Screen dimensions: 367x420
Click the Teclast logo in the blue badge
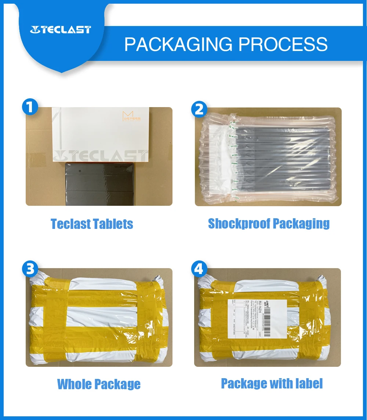[x=61, y=30]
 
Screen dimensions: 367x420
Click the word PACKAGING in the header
[x=178, y=44]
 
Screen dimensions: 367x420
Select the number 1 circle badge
[x=30, y=107]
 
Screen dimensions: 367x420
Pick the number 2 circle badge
[x=199, y=109]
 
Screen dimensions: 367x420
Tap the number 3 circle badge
[x=30, y=270]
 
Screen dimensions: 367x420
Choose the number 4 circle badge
[x=199, y=270]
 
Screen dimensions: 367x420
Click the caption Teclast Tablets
[x=92, y=224]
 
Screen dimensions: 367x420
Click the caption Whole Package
[x=99, y=384]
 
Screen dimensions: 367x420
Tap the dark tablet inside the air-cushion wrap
[x=279, y=158]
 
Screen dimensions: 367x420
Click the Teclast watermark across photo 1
[x=99, y=156]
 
